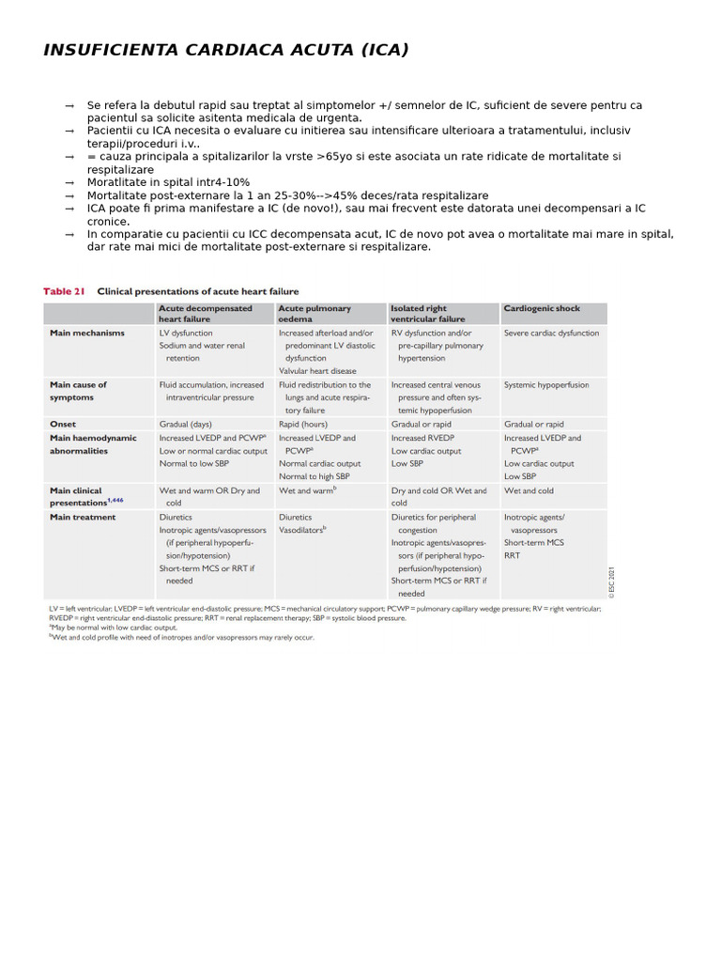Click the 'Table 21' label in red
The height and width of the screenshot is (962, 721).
[64, 291]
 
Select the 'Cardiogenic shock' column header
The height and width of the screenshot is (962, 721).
[542, 308]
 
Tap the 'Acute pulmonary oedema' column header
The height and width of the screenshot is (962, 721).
[314, 314]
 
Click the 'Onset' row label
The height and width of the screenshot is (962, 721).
[63, 424]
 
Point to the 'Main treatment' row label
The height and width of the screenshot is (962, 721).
[83, 517]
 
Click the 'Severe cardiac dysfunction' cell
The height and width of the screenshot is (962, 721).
[551, 333]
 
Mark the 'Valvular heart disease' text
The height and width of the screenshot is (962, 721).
[317, 371]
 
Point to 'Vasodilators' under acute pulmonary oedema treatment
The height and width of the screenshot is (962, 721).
[301, 530]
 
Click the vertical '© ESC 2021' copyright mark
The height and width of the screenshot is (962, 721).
[610, 582]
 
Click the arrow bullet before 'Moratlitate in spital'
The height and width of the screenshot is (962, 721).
[69, 183]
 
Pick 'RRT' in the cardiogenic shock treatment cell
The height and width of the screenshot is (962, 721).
[512, 555]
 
